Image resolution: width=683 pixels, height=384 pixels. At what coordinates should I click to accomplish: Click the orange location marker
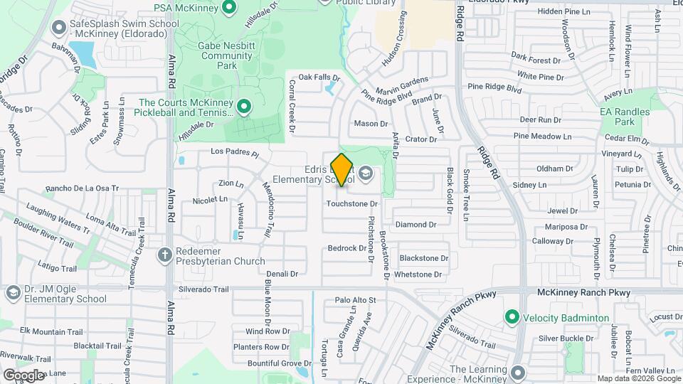point(341,169)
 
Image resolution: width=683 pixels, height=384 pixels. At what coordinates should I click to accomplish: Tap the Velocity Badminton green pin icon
point(511,317)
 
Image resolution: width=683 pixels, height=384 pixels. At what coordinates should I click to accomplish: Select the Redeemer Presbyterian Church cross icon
point(165,255)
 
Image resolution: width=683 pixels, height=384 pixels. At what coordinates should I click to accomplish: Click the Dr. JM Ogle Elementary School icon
point(12,293)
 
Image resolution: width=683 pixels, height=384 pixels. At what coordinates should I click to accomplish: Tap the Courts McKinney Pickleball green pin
point(244,107)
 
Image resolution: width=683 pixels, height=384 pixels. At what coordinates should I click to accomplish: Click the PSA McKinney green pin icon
point(229,8)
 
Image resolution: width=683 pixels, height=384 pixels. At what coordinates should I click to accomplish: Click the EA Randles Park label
point(625,117)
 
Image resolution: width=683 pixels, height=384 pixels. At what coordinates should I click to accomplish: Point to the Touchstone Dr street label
point(351,204)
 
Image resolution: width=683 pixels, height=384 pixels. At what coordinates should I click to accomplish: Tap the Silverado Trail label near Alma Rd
point(203,289)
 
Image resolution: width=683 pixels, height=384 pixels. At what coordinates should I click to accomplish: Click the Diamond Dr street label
point(416,225)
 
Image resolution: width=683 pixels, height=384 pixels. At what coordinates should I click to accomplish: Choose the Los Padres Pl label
point(235,152)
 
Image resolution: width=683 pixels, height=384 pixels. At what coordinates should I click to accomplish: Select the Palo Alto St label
point(355,301)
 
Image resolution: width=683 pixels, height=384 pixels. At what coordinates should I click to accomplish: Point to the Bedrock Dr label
point(346,248)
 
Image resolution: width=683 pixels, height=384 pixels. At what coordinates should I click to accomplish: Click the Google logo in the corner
point(23,375)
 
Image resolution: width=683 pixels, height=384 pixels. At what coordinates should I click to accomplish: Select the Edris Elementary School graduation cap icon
point(365,173)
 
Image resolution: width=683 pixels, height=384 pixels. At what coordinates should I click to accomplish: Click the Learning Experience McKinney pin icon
point(517,371)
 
